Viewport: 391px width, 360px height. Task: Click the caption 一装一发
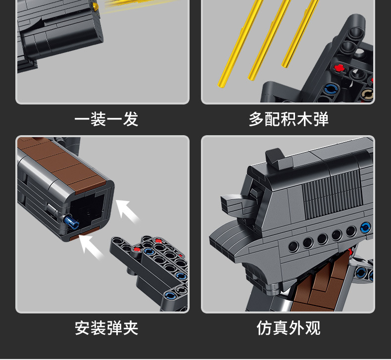[106, 119]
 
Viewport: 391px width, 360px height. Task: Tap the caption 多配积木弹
[289, 119]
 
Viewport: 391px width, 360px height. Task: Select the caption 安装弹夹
[106, 327]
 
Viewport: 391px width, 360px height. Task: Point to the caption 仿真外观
[289, 327]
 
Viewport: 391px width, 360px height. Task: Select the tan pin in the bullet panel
[367, 94]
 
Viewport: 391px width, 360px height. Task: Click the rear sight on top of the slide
[273, 157]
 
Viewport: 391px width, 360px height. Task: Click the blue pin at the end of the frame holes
[365, 227]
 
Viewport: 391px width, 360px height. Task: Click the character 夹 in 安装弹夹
[130, 327]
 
